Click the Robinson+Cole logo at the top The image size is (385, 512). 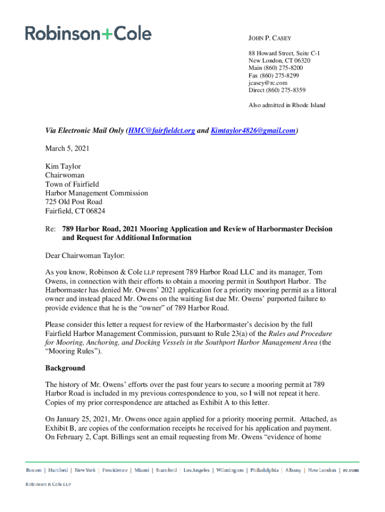click(88, 33)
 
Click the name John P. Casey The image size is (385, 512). click(270, 38)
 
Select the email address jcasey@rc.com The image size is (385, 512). click(268, 82)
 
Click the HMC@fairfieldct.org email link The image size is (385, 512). click(161, 131)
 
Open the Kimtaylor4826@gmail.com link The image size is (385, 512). click(253, 131)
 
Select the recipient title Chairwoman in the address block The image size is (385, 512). click(65, 175)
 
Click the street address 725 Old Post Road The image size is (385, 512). click(74, 202)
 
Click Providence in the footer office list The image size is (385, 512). click(115, 470)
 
